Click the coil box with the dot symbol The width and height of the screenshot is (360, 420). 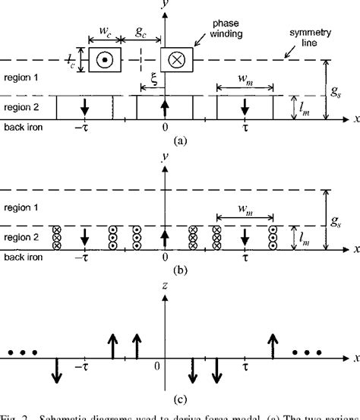pos(104,59)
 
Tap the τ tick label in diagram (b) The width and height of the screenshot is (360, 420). pos(245,258)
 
